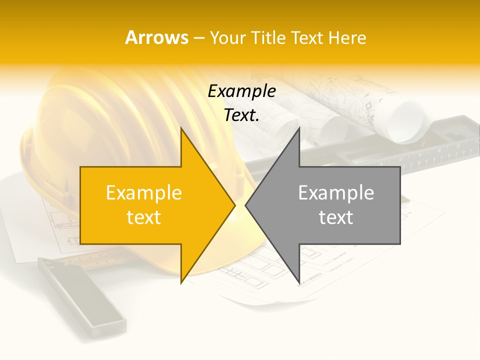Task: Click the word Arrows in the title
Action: (156, 37)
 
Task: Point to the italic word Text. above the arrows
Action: (241, 115)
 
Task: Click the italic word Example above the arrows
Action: (241, 91)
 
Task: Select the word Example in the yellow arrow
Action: (144, 193)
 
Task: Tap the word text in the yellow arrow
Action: (144, 217)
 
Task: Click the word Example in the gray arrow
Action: (336, 193)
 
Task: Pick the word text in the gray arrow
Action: (336, 217)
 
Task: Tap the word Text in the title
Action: (306, 37)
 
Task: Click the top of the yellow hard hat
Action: (100, 85)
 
